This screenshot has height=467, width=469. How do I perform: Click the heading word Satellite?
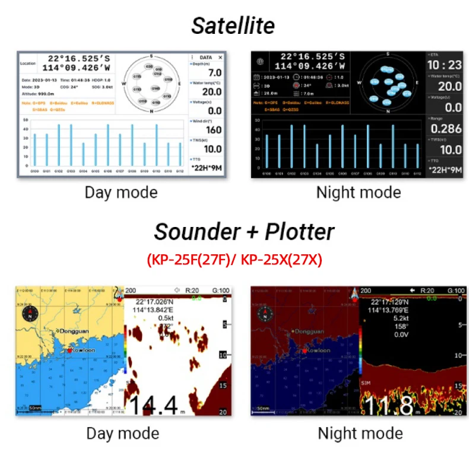(233, 26)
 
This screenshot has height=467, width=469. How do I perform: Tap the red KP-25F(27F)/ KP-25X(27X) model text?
(234, 260)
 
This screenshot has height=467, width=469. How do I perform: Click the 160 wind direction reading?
(213, 130)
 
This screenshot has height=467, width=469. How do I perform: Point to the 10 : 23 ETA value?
(445, 65)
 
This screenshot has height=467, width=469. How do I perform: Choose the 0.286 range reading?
(446, 128)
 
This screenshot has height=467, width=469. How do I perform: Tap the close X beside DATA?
(220, 58)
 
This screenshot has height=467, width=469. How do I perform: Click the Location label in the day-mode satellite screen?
(28, 62)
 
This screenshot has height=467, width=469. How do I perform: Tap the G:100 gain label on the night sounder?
(456, 291)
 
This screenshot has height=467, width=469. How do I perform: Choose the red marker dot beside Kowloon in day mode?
(69, 351)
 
